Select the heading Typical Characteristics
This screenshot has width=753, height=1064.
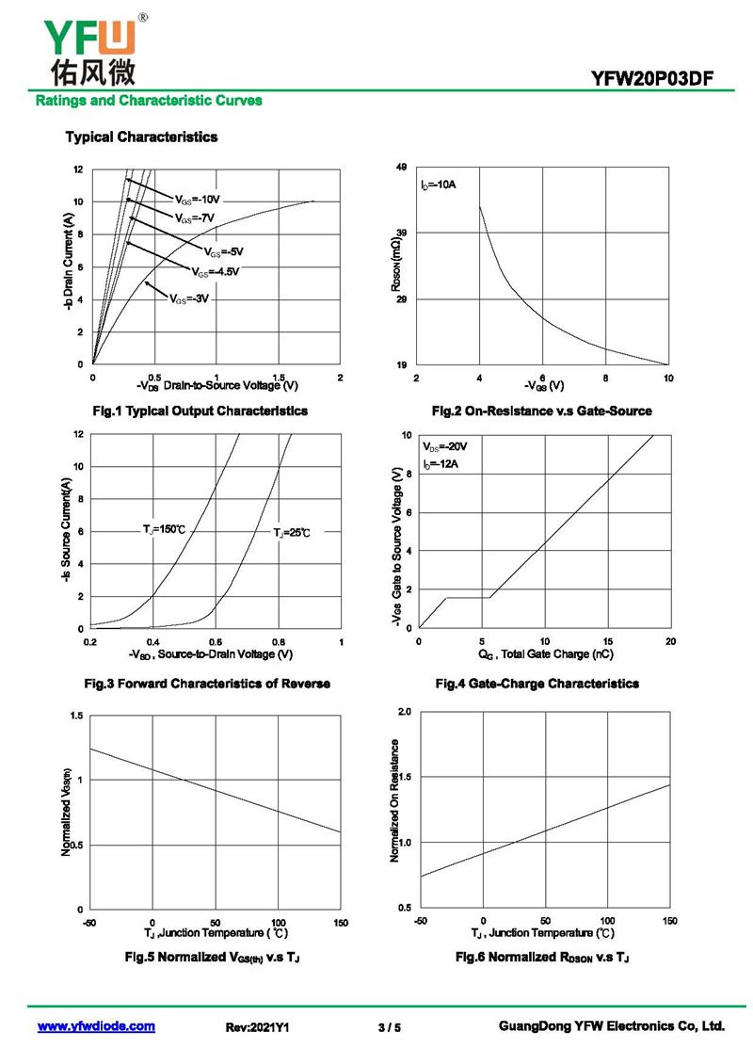pyautogui.click(x=141, y=137)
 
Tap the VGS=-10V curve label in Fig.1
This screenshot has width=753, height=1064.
pyautogui.click(x=197, y=200)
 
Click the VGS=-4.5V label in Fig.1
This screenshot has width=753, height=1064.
pyautogui.click(x=216, y=272)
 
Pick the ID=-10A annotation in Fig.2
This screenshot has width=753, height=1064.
pyautogui.click(x=439, y=185)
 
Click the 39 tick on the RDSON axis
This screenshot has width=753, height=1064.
pyautogui.click(x=401, y=234)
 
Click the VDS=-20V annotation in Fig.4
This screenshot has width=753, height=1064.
pyautogui.click(x=445, y=446)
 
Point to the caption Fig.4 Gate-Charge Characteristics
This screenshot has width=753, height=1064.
pyautogui.click(x=537, y=684)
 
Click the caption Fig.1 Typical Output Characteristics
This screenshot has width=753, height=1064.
pyautogui.click(x=200, y=411)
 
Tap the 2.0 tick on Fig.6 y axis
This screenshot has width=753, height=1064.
pyautogui.click(x=404, y=712)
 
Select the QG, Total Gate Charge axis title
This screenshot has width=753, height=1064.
pyautogui.click(x=545, y=654)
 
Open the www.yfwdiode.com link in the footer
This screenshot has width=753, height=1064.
pyautogui.click(x=96, y=1027)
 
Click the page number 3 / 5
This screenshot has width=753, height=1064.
pyautogui.click(x=389, y=1028)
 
